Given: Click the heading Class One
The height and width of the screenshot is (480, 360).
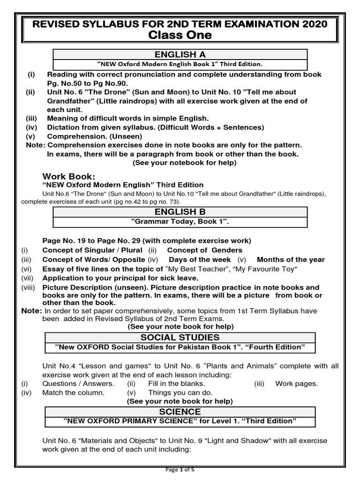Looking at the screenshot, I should click(180, 35).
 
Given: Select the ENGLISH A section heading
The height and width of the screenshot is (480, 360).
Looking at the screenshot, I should click(180, 54).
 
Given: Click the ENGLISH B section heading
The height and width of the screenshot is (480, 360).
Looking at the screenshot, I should click(180, 212).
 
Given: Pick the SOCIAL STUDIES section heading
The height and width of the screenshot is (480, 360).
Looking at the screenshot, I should click(180, 337).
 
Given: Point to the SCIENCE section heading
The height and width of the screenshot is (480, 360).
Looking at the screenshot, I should click(180, 412).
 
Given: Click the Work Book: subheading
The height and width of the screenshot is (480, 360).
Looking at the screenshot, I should click(69, 176).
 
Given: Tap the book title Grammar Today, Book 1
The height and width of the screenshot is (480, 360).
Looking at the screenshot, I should click(180, 221).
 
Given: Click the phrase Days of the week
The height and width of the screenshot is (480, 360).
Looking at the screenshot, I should click(200, 259).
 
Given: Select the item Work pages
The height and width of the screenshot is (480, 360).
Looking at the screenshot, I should click(296, 383).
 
